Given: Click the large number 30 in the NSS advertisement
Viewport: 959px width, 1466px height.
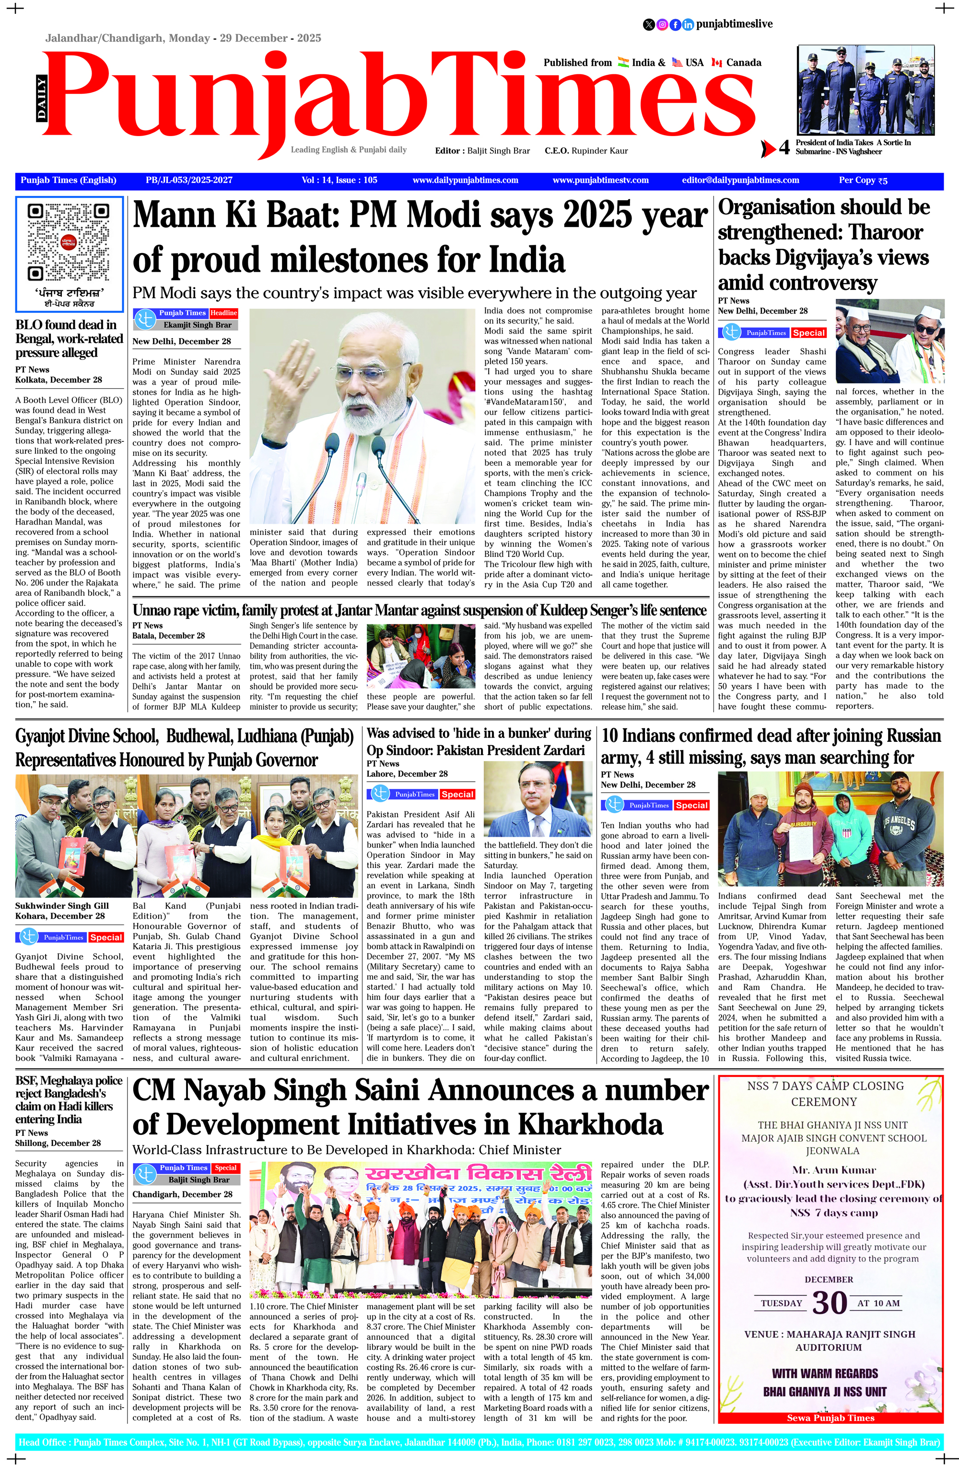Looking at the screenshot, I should [830, 1303].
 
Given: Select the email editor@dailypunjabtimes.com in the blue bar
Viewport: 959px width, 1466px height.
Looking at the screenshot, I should [740, 181].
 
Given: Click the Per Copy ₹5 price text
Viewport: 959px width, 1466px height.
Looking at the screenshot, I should [863, 181].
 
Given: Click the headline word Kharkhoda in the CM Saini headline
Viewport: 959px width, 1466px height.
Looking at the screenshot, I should [590, 1124].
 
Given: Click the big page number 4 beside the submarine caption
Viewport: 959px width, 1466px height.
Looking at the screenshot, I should [784, 148].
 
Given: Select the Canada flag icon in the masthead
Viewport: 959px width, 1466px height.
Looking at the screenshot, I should [716, 62].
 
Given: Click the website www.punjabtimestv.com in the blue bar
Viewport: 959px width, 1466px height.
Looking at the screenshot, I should [600, 181].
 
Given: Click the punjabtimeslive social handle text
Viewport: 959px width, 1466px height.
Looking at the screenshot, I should [734, 24].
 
